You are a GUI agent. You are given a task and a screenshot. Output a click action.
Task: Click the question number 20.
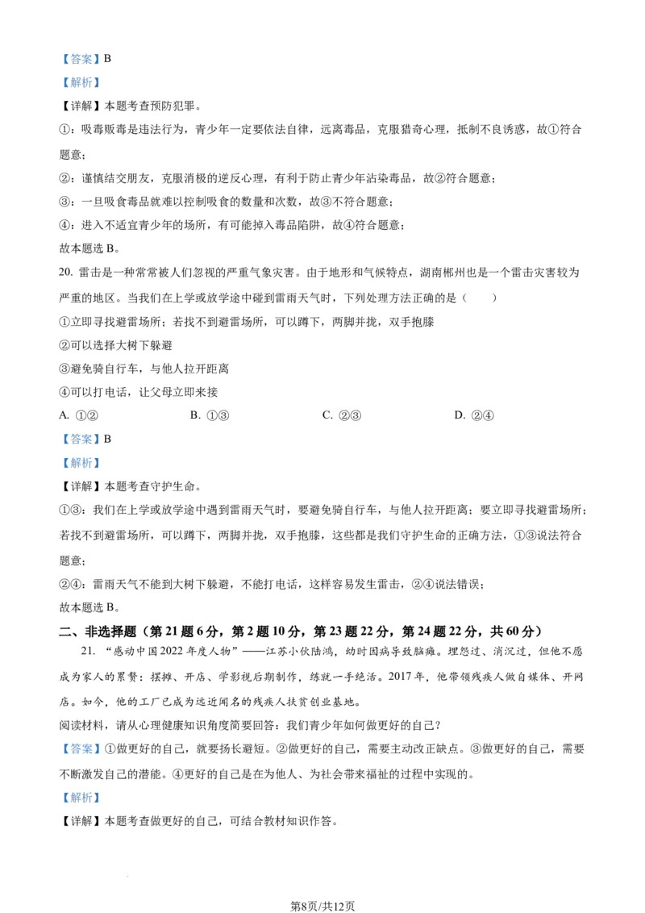coord(66,273)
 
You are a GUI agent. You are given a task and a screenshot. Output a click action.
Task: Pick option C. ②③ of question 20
coord(342,415)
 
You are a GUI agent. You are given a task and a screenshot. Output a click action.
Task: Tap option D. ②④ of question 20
coord(474,415)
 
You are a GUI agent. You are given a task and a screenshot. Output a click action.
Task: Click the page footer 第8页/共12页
coord(322,906)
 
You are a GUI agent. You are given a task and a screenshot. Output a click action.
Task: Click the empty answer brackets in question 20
coord(479,298)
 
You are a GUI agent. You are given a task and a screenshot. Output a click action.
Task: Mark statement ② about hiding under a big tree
coord(116,345)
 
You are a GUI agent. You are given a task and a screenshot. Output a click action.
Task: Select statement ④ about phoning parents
coord(139,392)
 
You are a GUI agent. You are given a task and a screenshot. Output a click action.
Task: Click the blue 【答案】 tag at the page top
coord(81,59)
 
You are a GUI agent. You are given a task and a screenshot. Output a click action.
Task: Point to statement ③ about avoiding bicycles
coord(144,369)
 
